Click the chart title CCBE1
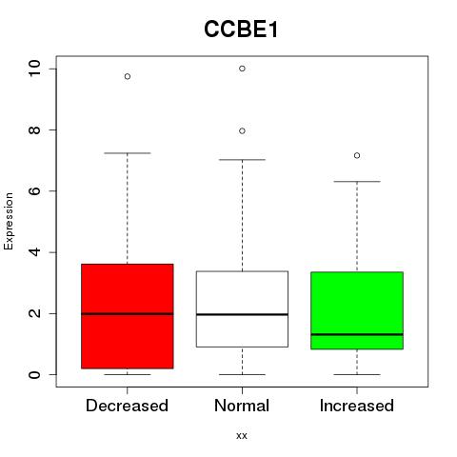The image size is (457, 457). [x=241, y=30]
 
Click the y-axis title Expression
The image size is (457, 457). [x=9, y=221]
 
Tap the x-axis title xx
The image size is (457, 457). [x=242, y=435]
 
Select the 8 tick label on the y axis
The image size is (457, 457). [x=34, y=129]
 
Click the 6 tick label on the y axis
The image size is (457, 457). [x=34, y=190]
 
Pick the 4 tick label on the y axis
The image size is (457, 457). [x=34, y=252]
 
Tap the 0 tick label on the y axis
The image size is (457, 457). [x=34, y=374]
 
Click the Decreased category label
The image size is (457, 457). [x=127, y=406]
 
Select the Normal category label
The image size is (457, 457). [x=242, y=406]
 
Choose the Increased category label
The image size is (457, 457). [x=357, y=406]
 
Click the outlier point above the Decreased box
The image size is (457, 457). [x=128, y=76]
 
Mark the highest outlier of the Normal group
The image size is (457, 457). [x=242, y=69]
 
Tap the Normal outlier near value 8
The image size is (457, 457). [x=242, y=131]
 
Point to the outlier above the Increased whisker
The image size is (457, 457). [x=357, y=155]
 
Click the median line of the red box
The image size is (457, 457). [x=128, y=314]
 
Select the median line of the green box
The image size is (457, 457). [x=357, y=334]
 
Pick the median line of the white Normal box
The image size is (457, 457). [x=242, y=314]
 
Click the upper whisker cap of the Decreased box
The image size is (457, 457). [x=128, y=153]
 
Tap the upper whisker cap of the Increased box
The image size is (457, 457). [x=357, y=182]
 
